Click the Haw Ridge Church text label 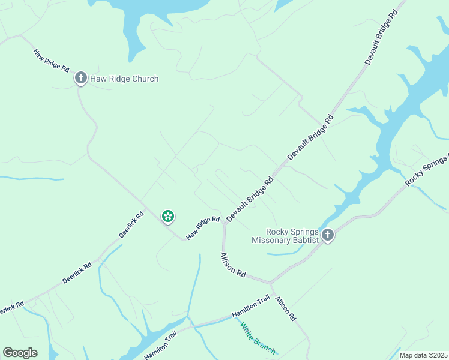(x=124, y=79)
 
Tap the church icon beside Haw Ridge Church (x=80, y=78)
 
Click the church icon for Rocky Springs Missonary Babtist (x=327, y=235)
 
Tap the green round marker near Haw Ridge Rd (x=168, y=216)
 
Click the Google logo (x=20, y=353)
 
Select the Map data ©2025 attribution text (x=423, y=355)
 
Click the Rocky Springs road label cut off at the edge (x=427, y=170)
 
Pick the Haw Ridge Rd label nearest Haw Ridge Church (x=51, y=61)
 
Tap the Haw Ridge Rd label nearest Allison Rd (x=203, y=228)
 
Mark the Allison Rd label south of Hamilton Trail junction (x=286, y=308)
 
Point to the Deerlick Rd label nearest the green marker (x=131, y=224)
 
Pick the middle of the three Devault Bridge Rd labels (x=310, y=137)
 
